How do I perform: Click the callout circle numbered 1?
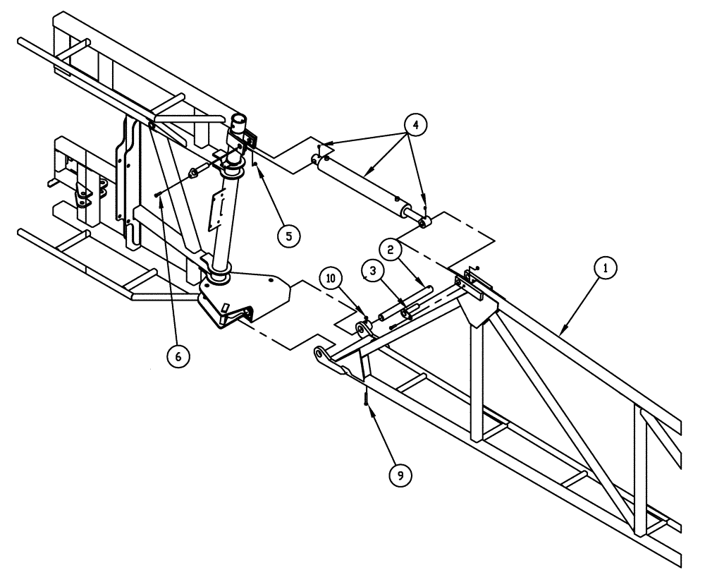(605, 268)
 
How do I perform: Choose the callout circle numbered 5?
(286, 235)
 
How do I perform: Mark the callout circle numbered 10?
(332, 277)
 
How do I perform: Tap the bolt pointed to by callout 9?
(367, 399)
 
